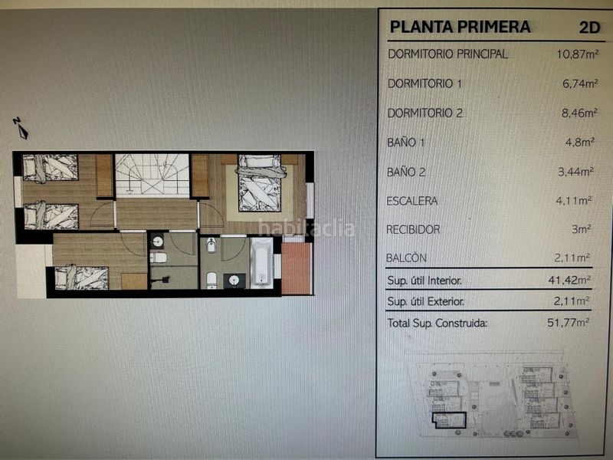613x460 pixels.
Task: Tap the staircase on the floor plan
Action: (152, 176)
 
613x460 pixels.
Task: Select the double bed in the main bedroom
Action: (259, 183)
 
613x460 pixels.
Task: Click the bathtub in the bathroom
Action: (261, 262)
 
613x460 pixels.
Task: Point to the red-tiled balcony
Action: (296, 268)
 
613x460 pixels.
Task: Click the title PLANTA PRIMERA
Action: (460, 27)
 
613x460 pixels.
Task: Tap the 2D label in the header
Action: (590, 27)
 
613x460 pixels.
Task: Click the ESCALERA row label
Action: (413, 201)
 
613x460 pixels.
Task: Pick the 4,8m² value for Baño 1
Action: (582, 142)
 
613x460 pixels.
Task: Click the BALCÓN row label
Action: (408, 258)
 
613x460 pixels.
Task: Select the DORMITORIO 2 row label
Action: (425, 113)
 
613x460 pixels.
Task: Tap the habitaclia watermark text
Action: (306, 228)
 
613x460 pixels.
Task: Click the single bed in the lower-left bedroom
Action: (80, 277)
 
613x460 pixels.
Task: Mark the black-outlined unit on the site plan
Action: (449, 419)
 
